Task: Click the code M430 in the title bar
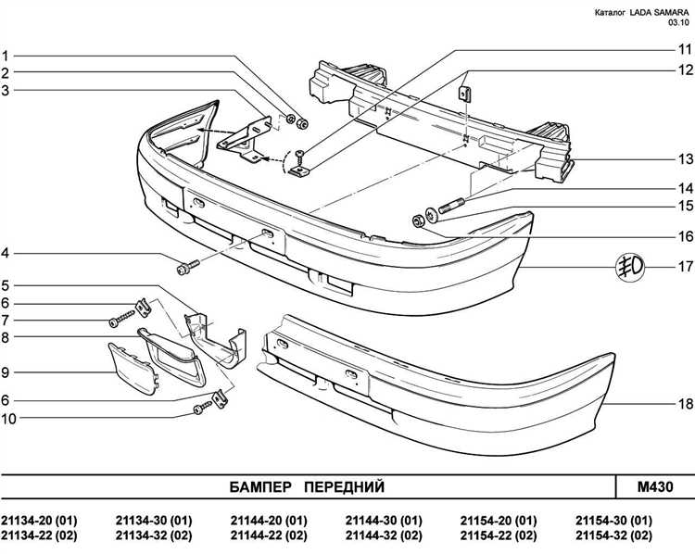point(654,486)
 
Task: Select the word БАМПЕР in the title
point(262,486)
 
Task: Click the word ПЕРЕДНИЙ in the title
point(343,486)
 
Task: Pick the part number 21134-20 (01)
point(40,520)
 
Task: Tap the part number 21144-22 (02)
point(269,535)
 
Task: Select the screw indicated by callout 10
point(201,408)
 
